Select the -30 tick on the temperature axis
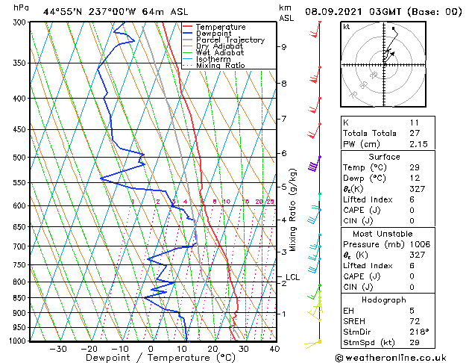58,349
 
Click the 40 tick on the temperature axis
274,349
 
